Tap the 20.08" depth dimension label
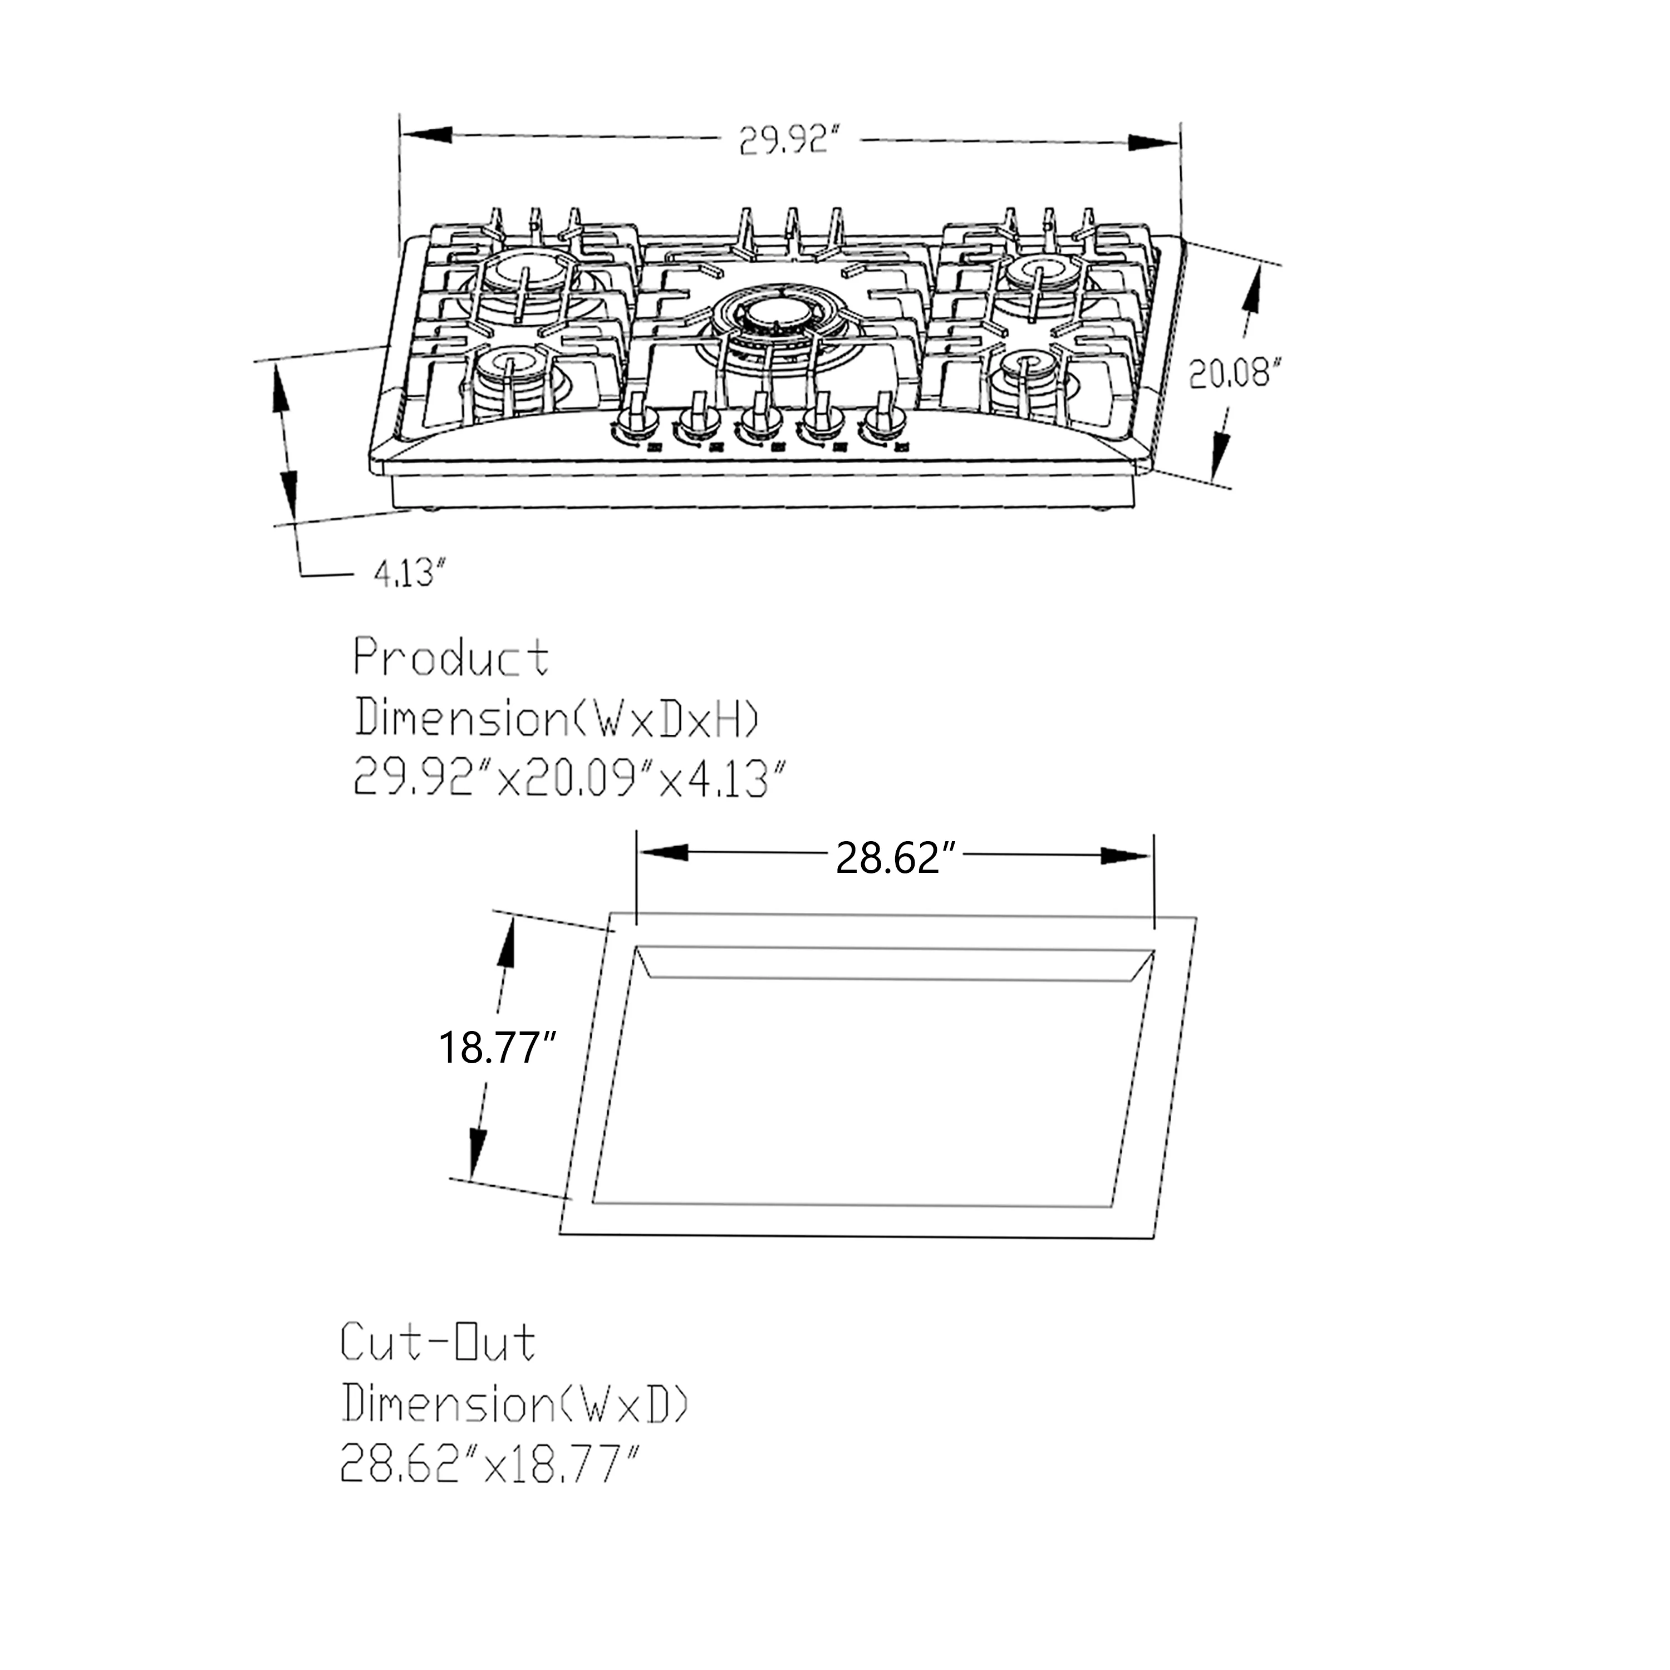click(x=1232, y=374)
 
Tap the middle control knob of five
click(x=760, y=419)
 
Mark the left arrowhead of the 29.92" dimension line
click(x=426, y=135)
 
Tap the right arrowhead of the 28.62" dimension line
click(x=1126, y=856)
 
